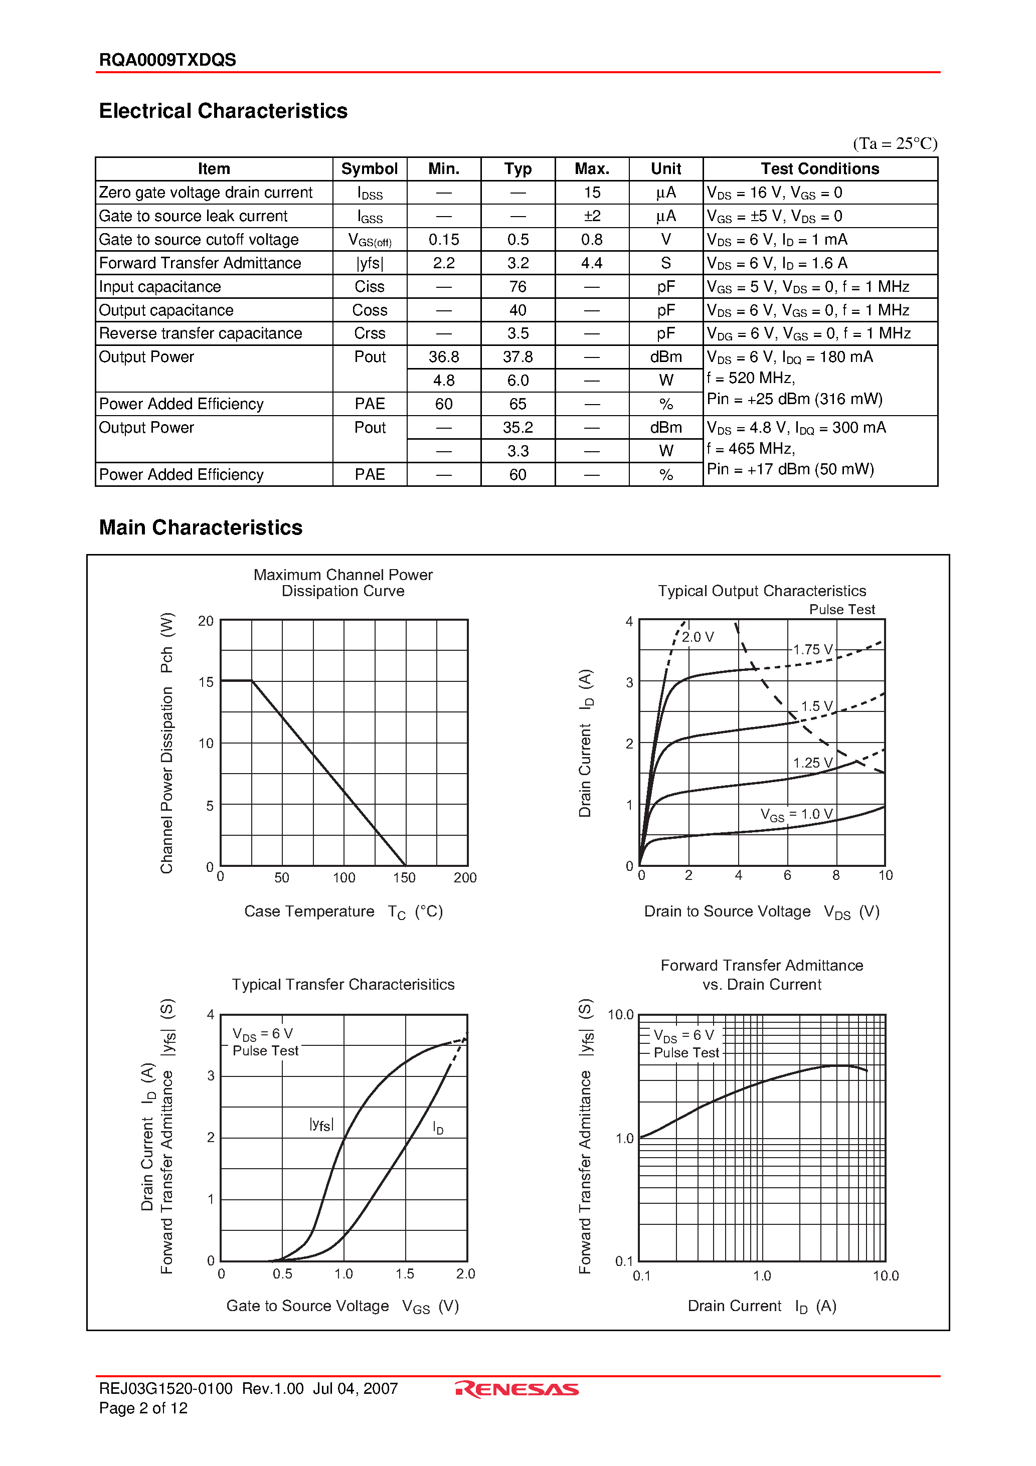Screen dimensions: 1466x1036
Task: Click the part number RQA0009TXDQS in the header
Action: (167, 60)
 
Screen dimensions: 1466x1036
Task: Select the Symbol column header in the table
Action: (369, 169)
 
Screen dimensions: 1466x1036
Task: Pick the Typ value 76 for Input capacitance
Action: (517, 287)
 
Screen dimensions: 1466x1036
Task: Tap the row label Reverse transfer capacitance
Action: (201, 333)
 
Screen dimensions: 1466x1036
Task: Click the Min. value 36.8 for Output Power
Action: (443, 357)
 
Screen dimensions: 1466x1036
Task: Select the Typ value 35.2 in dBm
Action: (517, 428)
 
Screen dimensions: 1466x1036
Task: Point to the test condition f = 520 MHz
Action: (751, 378)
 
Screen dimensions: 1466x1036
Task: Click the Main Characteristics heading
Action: (201, 527)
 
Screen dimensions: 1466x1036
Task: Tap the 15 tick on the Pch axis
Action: (206, 682)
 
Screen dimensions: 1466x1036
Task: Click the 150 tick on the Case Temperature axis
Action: (404, 878)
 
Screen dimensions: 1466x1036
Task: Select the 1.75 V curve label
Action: (812, 649)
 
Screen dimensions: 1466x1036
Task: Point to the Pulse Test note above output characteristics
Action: (841, 609)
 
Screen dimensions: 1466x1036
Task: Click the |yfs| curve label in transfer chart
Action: (321, 1125)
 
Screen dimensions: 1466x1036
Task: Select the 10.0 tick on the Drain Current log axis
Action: (885, 1275)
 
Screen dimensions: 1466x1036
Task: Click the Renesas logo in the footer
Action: (517, 1389)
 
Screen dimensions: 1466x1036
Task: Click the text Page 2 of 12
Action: (143, 1408)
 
